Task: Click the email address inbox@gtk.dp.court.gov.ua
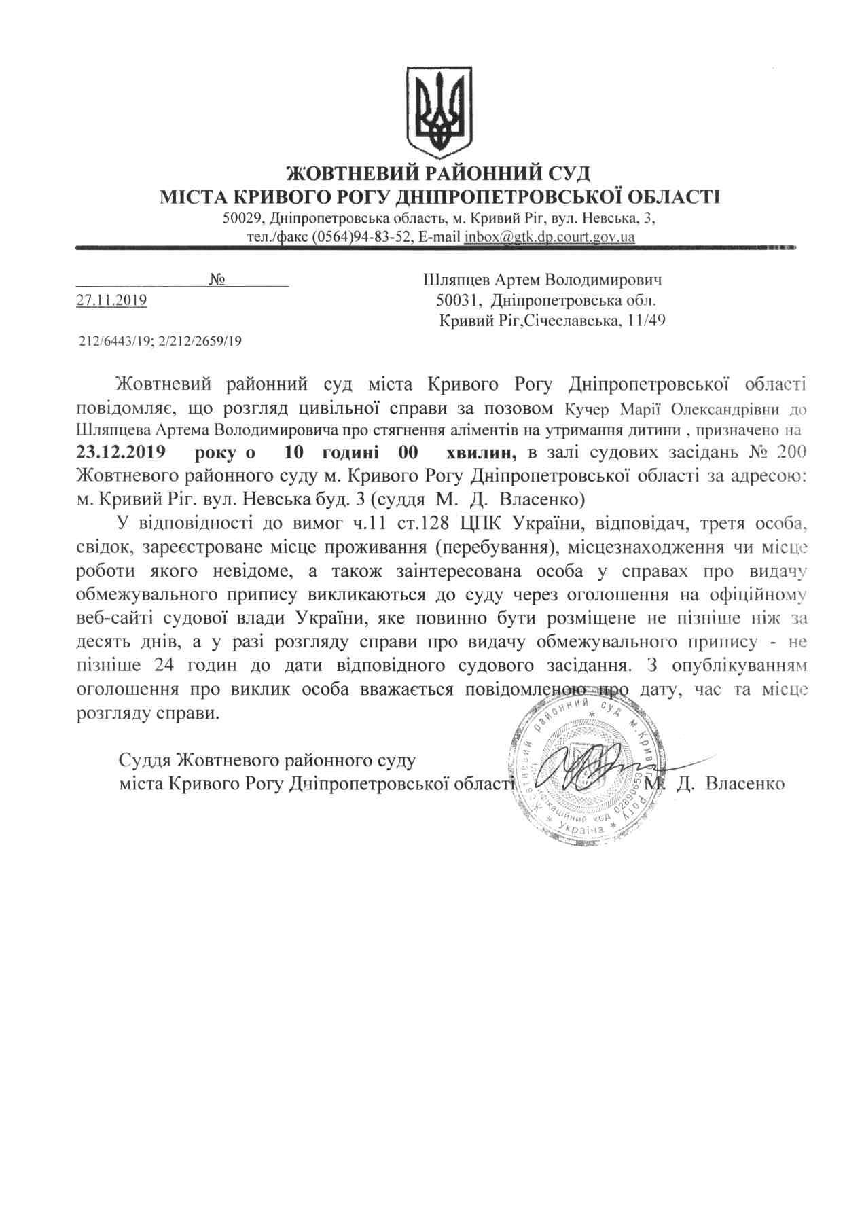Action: tap(550, 238)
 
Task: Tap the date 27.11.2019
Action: tap(111, 300)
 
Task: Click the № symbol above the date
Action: tap(217, 280)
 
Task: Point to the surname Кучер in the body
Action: tap(589, 410)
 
